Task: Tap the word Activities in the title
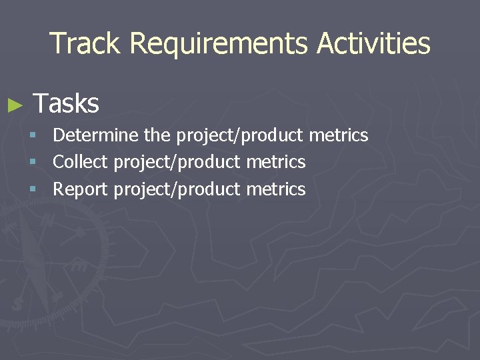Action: click(x=373, y=43)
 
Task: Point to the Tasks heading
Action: click(x=66, y=103)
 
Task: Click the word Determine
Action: click(x=96, y=135)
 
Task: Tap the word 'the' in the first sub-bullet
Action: click(x=157, y=135)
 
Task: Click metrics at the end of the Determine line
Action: click(x=339, y=135)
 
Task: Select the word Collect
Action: click(x=81, y=162)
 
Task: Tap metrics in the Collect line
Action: click(x=276, y=162)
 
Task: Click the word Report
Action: click(x=80, y=189)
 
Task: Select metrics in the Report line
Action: click(x=276, y=189)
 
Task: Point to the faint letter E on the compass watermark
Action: click(x=78, y=265)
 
